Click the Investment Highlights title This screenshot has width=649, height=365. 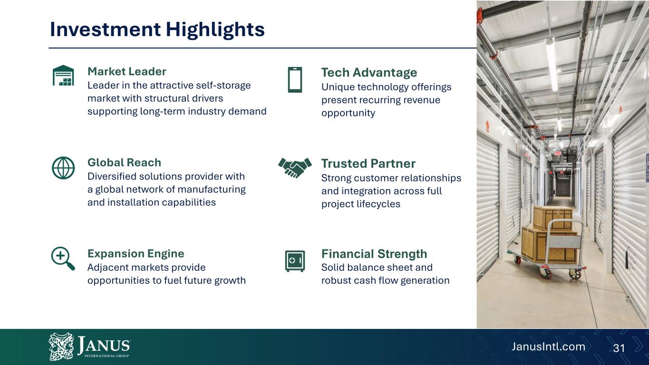coord(157,30)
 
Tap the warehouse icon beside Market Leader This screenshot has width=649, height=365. coord(63,75)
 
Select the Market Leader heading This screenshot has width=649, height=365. coord(127,71)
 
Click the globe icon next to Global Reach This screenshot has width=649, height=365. coord(63,168)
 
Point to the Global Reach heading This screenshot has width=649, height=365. coord(124,163)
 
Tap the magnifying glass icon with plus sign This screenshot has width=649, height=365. coord(63,259)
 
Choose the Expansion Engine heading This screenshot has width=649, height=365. coord(136,253)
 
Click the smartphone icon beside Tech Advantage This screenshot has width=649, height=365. coord(295,80)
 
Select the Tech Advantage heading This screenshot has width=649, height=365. coord(369,72)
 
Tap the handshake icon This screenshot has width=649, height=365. coord(295,167)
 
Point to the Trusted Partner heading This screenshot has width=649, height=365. coord(368,163)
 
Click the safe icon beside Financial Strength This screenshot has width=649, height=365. coord(295,261)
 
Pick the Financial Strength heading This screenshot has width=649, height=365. coord(374,254)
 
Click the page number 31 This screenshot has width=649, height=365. coord(619,348)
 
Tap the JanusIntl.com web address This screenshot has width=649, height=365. coord(548,347)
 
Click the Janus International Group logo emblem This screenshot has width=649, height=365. coord(61,346)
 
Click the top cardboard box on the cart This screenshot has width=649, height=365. coord(553,219)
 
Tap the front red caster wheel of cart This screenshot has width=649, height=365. coord(545,273)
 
